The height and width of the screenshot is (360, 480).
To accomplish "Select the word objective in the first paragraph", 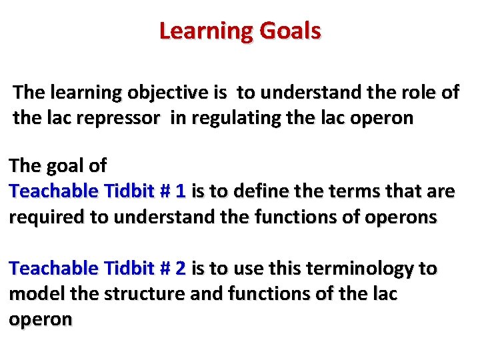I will [146, 93].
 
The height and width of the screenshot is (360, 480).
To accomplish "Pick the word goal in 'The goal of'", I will [67, 165].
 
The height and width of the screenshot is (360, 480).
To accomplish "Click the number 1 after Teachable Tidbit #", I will [180, 191].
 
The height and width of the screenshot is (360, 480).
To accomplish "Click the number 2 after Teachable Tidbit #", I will [180, 269].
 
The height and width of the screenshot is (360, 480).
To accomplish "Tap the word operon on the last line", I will [40, 319].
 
